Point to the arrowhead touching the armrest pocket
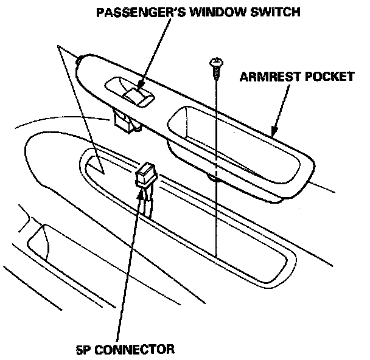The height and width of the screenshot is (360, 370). coord(273,131)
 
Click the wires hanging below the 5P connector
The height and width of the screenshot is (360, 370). coord(146,201)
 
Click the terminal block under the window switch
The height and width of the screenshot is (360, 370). coord(125,122)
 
